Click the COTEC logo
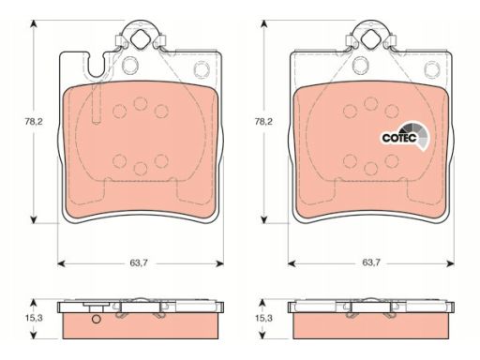pyautogui.click(x=406, y=137)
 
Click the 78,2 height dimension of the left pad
pyautogui.click(x=34, y=121)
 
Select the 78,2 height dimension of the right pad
pyautogui.click(x=263, y=121)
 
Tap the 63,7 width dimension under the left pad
pyautogui.click(x=139, y=262)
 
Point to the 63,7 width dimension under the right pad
pyautogui.click(x=371, y=262)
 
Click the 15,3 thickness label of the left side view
pyautogui.click(x=34, y=318)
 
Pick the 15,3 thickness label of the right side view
pyautogui.click(x=263, y=318)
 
